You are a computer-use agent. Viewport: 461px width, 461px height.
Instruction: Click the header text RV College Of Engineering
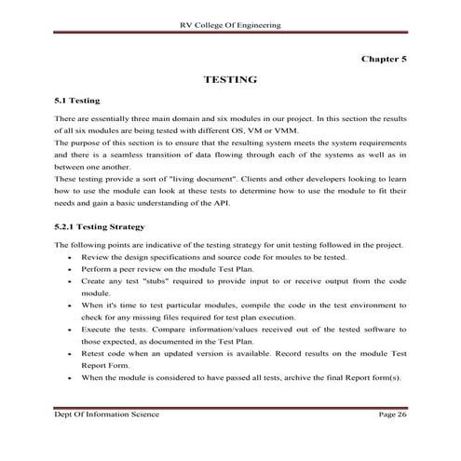click(230, 20)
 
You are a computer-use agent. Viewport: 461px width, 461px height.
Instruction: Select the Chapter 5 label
click(384, 58)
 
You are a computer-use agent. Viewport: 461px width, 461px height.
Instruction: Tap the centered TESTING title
click(230, 80)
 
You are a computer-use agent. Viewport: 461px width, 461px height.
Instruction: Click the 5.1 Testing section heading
click(78, 100)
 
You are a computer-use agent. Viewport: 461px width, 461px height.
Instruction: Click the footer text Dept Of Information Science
click(105, 412)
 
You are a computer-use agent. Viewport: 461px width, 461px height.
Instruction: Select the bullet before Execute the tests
click(72, 330)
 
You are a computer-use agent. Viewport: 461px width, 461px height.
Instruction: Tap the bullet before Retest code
click(72, 354)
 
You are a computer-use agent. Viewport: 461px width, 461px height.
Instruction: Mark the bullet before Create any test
click(72, 280)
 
